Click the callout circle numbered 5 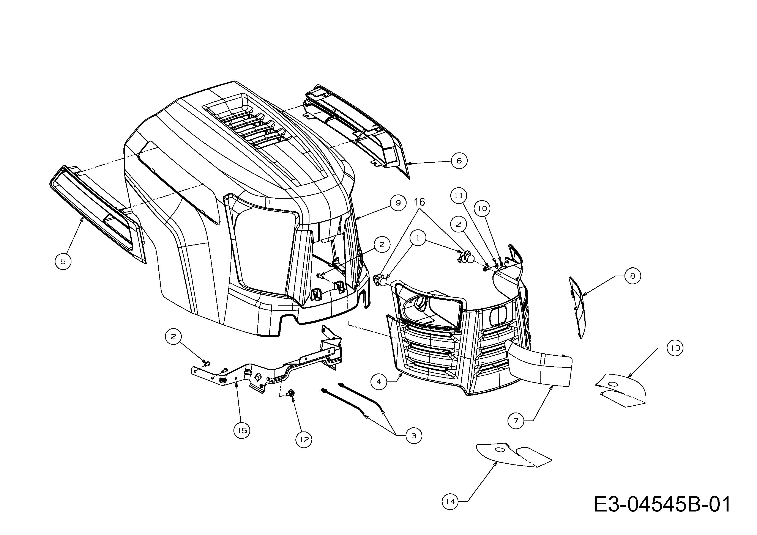[63, 261]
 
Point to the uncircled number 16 [419, 202]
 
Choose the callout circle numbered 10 [482, 208]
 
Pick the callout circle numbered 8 [632, 276]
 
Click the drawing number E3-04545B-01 [662, 504]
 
